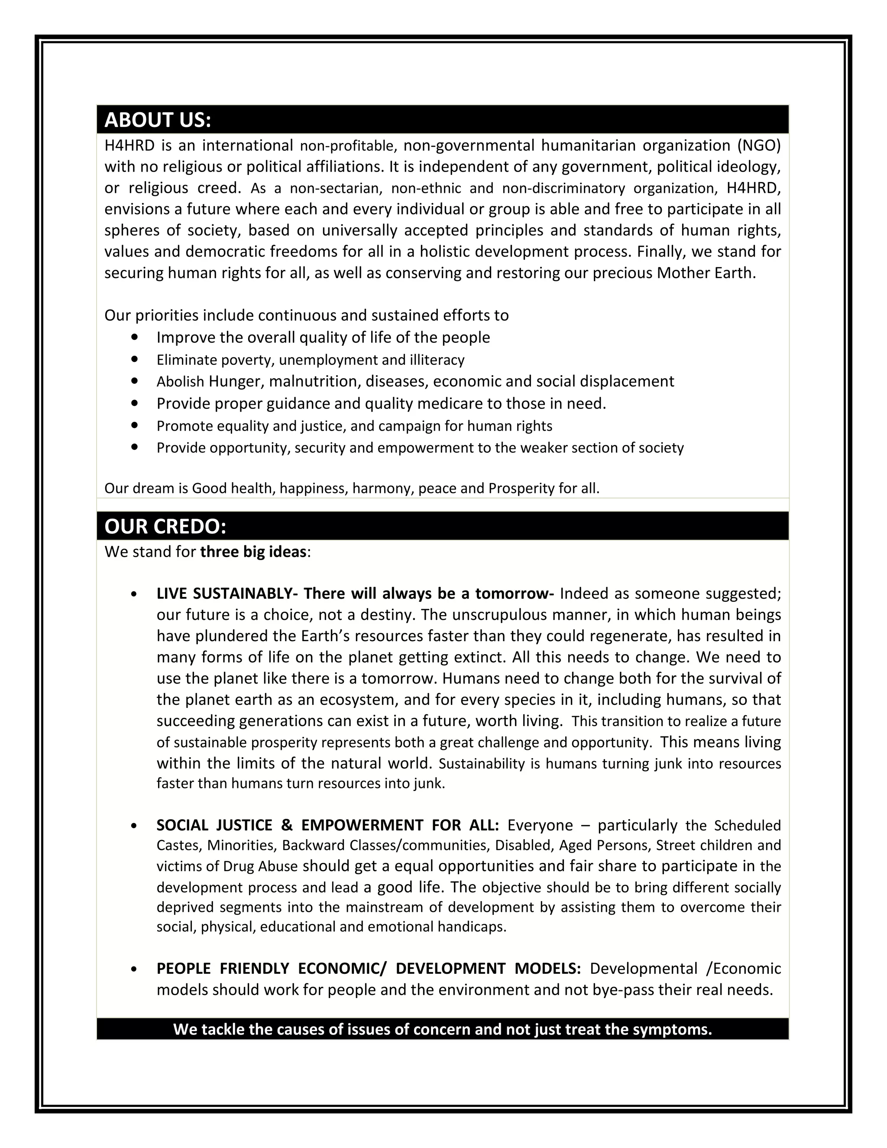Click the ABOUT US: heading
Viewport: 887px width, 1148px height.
coord(158,120)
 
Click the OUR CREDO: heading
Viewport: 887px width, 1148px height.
coord(165,527)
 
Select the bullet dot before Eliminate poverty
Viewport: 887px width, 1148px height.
coord(136,359)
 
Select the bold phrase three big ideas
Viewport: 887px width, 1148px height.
coord(253,552)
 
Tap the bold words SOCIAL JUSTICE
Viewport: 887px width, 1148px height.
coord(214,825)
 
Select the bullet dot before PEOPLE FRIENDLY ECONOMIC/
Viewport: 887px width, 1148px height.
coord(135,969)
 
